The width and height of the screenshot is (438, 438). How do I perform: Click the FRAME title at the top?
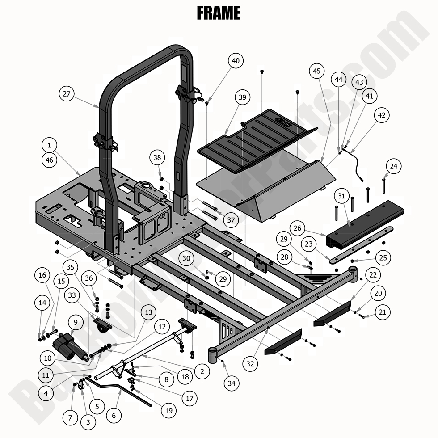click(219, 13)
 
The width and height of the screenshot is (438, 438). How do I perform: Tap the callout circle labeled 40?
click(236, 61)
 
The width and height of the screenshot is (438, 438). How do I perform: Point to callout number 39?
click(242, 98)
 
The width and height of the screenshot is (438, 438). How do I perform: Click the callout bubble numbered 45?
click(316, 71)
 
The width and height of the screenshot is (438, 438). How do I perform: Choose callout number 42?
click(381, 115)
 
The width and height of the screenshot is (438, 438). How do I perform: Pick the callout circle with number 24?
click(393, 167)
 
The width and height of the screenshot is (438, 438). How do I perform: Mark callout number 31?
click(341, 196)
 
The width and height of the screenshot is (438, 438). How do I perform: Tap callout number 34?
click(232, 383)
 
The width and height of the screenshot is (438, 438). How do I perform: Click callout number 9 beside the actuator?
click(76, 322)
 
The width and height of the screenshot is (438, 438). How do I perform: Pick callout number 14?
click(42, 303)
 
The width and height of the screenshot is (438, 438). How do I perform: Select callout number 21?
click(382, 312)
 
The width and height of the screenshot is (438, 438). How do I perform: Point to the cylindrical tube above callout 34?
click(213, 355)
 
